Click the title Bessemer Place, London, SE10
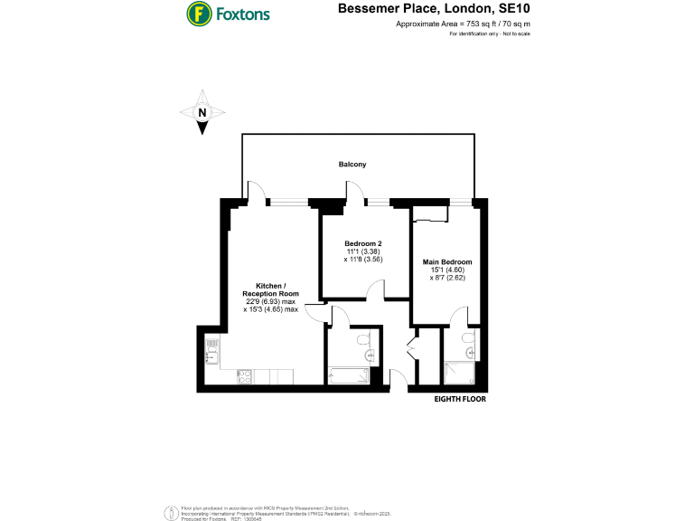pos(434,9)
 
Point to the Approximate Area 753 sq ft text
pos(463,24)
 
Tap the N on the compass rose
pos(203,113)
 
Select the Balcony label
pos(352,164)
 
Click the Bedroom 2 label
pos(363,243)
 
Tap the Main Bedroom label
pos(447,262)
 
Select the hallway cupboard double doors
pos(412,349)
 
